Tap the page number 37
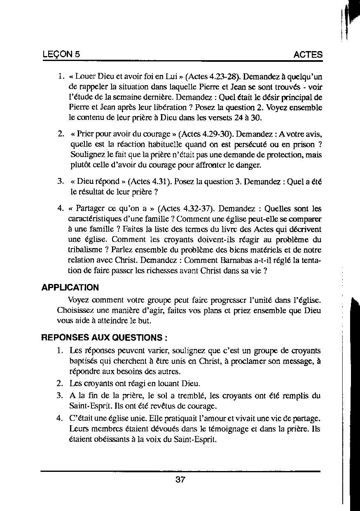pyautogui.click(x=180, y=480)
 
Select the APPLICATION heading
pyautogui.click(x=70, y=288)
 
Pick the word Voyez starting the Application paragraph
pyautogui.click(x=78, y=300)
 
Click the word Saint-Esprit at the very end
pyautogui.click(x=196, y=439)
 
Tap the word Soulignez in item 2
pyautogui.click(x=87, y=155)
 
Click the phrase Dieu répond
pyautogui.click(x=97, y=181)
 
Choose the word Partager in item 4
pyautogui.click(x=93, y=209)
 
